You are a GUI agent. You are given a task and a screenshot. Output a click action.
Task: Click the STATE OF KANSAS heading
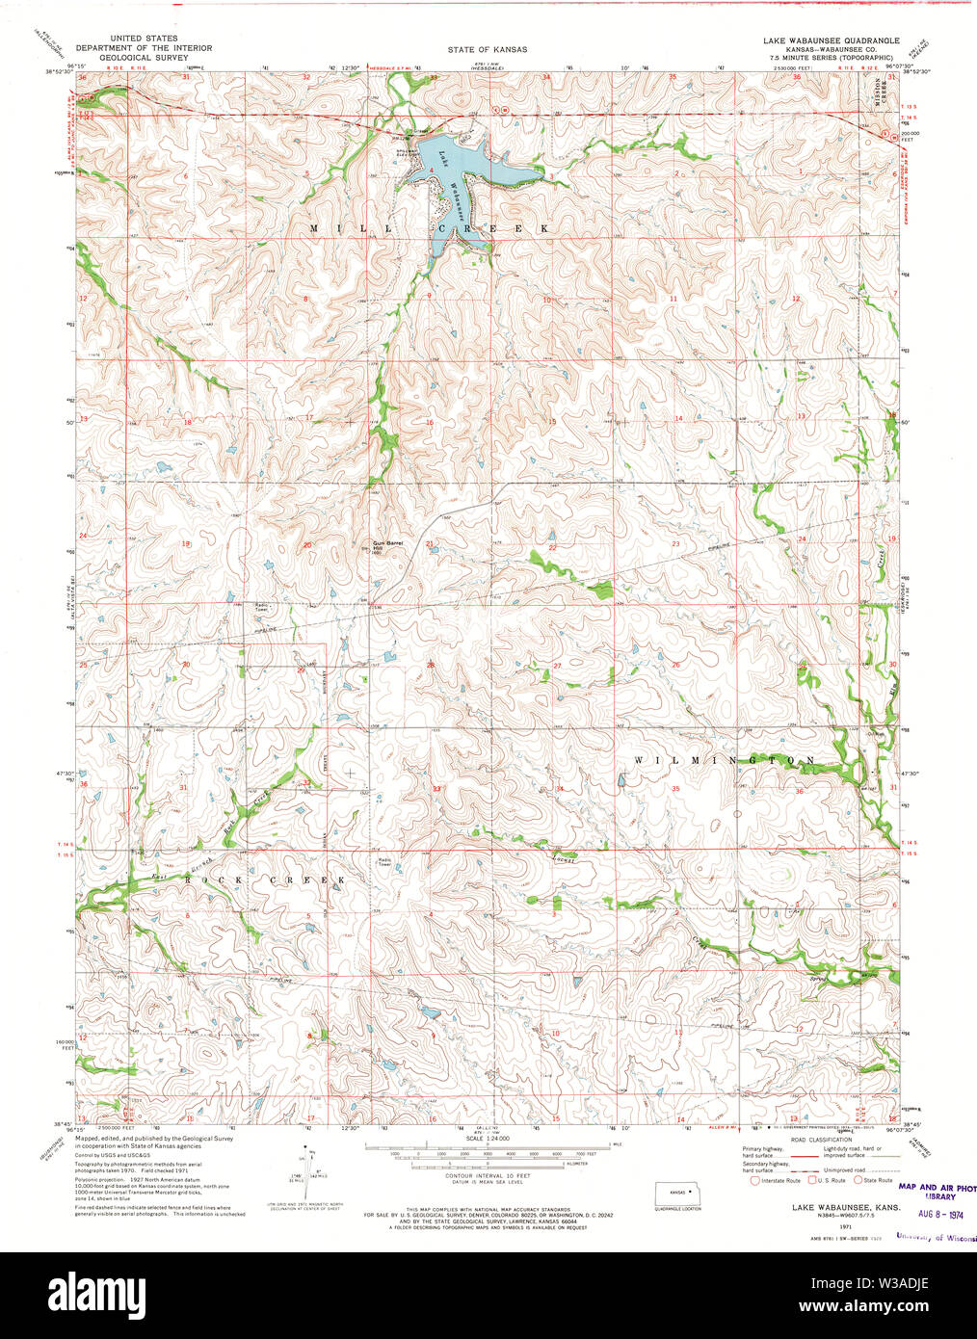coord(487,49)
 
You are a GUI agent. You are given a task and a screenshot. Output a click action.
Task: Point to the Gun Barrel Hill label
coord(386,546)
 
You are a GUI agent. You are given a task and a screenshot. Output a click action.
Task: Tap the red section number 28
coord(431,665)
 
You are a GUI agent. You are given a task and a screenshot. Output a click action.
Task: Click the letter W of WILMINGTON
coord(639,761)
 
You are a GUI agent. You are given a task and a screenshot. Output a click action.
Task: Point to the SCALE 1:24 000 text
coord(488,1140)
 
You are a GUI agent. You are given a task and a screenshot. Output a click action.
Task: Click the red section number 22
coord(552,547)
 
